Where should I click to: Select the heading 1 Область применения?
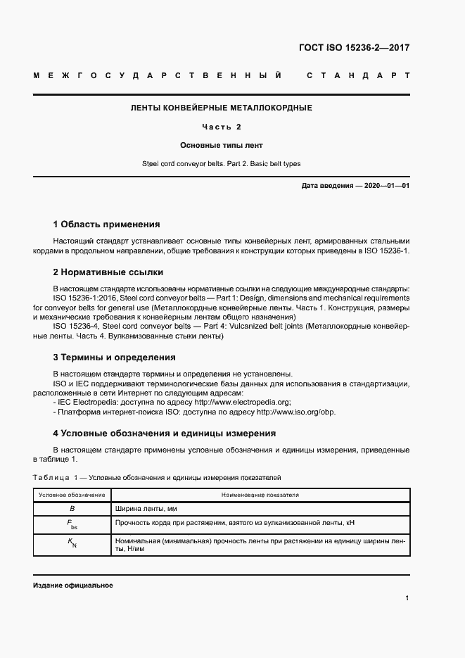click(x=106, y=224)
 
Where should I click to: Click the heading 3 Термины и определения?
click(x=109, y=358)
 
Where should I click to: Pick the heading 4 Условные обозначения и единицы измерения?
click(x=165, y=433)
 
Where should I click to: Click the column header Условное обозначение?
click(x=72, y=495)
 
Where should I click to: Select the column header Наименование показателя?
click(x=260, y=495)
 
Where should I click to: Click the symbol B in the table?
click(x=72, y=508)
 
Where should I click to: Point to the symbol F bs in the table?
click(x=72, y=524)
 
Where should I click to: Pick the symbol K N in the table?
click(x=72, y=543)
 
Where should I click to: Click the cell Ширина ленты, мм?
click(x=146, y=508)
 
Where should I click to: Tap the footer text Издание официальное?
click(x=73, y=586)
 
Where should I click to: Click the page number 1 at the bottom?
click(x=407, y=598)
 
